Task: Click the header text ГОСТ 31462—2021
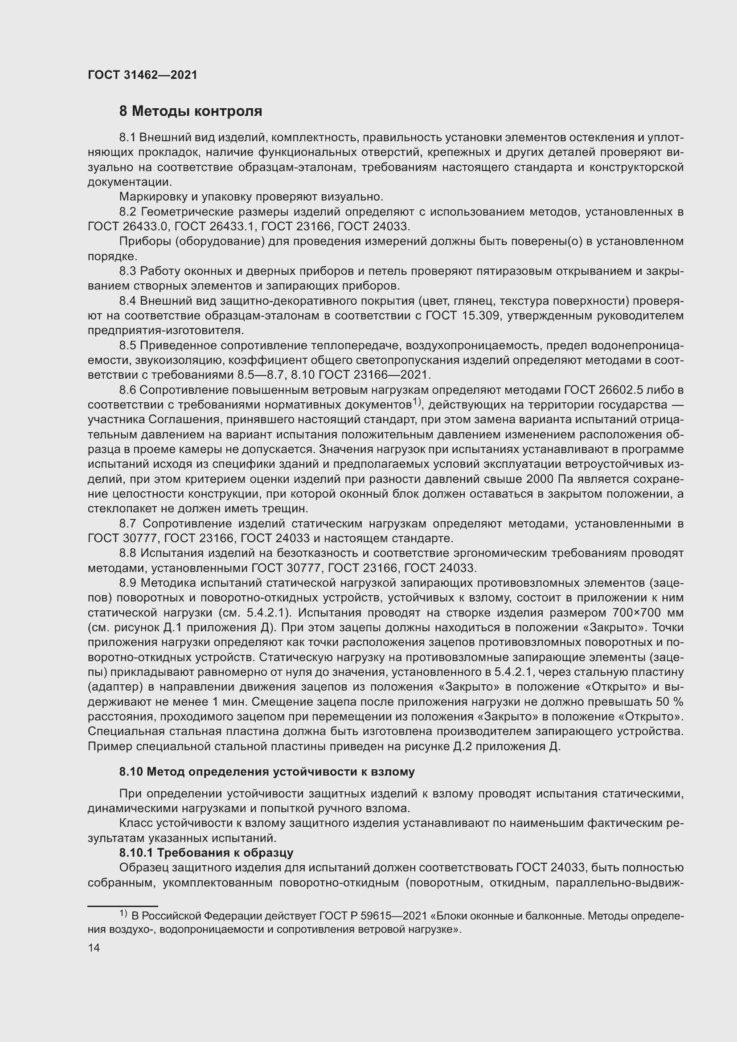click(x=143, y=75)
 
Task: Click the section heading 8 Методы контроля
click(x=191, y=111)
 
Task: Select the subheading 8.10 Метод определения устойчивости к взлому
click(x=267, y=772)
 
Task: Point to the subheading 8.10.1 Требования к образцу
click(x=206, y=853)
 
